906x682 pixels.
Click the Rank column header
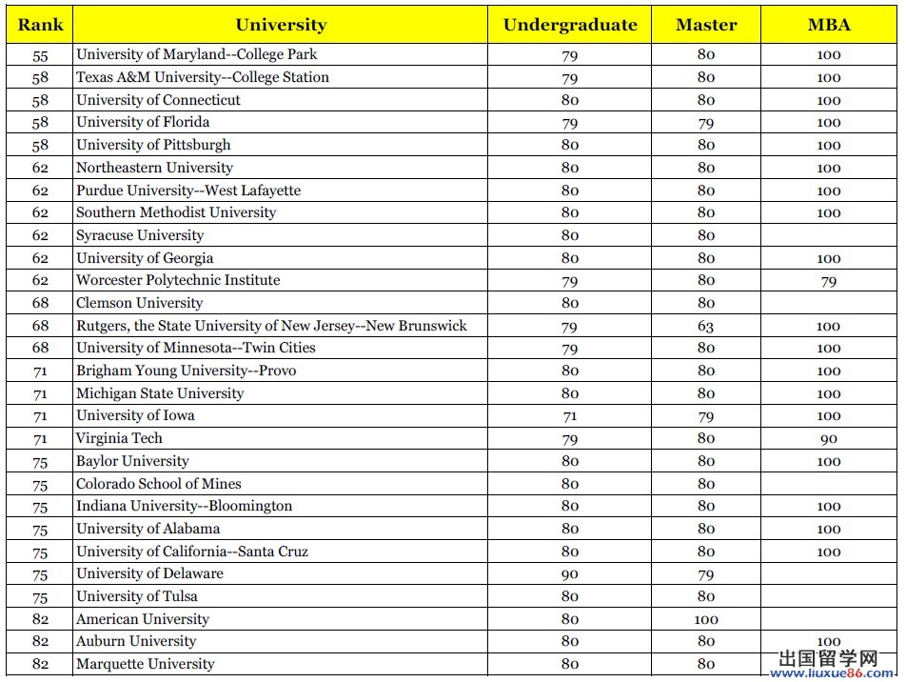click(x=40, y=25)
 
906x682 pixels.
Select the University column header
click(x=281, y=25)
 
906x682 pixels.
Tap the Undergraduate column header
click(x=570, y=25)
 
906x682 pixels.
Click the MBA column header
click(x=829, y=25)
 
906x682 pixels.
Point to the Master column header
click(x=706, y=25)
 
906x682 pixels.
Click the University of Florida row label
click(x=143, y=122)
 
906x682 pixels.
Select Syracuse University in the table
click(x=140, y=235)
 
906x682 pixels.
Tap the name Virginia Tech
click(x=119, y=438)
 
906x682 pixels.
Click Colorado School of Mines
click(x=159, y=484)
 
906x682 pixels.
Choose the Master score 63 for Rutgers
click(x=706, y=326)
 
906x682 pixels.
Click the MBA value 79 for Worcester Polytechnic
click(x=829, y=281)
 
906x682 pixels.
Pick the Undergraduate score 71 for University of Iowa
click(x=570, y=416)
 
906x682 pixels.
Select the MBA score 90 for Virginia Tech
click(x=829, y=439)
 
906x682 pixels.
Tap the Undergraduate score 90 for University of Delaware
click(x=570, y=574)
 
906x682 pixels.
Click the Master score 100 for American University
click(x=706, y=619)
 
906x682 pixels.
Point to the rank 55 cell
click(x=40, y=55)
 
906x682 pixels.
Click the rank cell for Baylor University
click(x=40, y=462)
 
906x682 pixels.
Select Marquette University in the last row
click(x=146, y=664)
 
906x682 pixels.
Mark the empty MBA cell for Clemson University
click(x=829, y=303)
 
